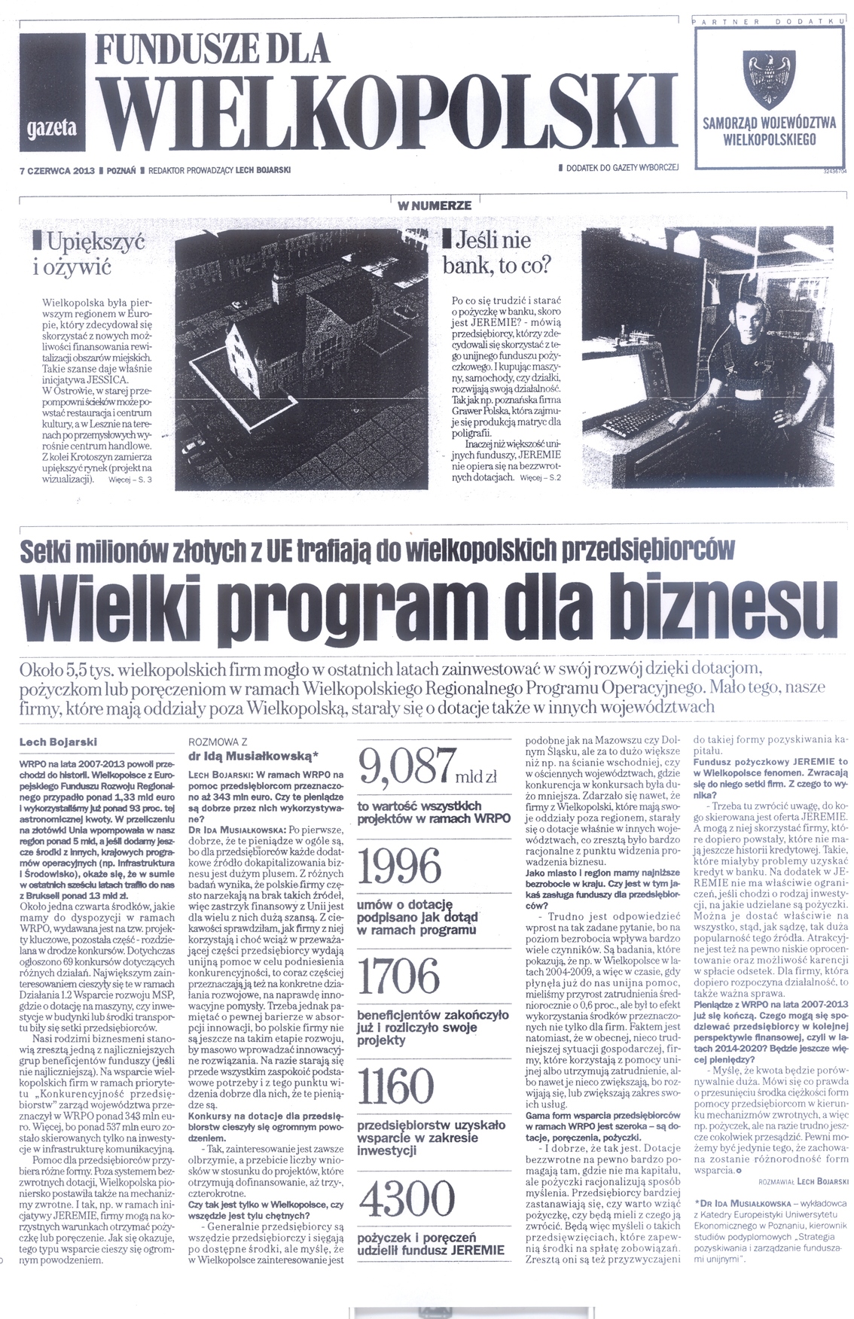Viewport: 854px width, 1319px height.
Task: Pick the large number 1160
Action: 398,1086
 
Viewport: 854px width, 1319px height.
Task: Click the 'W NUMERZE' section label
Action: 435,206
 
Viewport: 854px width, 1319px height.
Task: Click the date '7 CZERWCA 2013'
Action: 56,170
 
